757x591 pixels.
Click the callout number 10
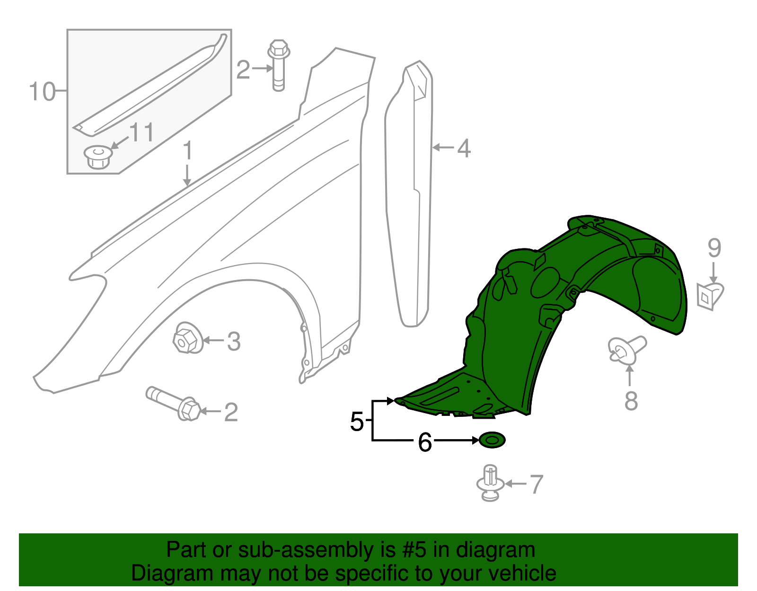42,91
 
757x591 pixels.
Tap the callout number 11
141,132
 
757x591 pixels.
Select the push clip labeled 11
98,157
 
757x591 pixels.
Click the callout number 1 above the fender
188,150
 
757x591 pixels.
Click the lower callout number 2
230,412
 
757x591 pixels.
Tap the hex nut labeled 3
187,338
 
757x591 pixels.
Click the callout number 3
234,341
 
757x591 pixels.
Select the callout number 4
464,148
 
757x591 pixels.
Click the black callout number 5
357,421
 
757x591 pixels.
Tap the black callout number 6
425,442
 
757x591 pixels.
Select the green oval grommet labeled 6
492,440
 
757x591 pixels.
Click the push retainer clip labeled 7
490,483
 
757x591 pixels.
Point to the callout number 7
536,485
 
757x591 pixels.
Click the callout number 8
631,401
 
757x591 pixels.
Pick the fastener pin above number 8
626,350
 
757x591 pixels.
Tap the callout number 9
714,248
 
